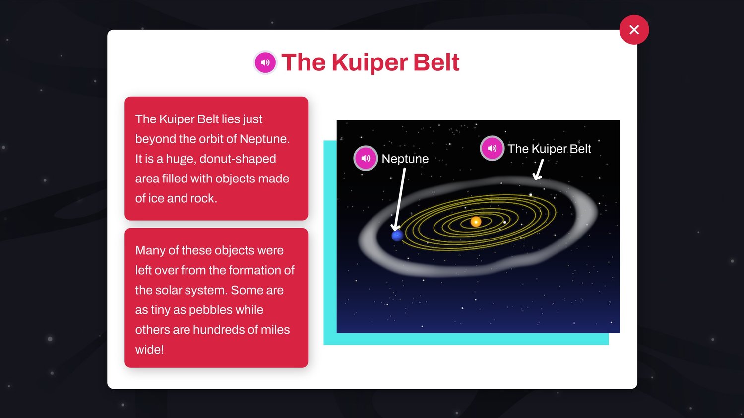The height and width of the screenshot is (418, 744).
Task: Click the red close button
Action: (x=634, y=30)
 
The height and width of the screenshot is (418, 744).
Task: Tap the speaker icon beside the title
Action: (x=265, y=62)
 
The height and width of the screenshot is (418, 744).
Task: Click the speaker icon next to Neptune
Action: (x=366, y=158)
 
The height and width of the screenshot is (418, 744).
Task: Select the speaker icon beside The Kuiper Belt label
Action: (x=492, y=148)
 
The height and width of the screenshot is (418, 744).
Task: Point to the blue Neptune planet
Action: (x=397, y=236)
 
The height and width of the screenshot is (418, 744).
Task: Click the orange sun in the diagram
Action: (x=476, y=222)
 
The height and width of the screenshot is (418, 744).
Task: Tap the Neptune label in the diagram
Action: (x=405, y=159)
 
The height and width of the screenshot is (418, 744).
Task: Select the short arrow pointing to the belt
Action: (x=538, y=170)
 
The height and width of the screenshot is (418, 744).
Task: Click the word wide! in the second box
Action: (x=149, y=349)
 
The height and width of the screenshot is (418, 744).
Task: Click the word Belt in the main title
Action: (x=436, y=62)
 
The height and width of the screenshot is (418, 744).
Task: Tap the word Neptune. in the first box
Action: (x=264, y=139)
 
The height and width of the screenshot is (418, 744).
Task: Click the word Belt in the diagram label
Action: (x=580, y=149)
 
